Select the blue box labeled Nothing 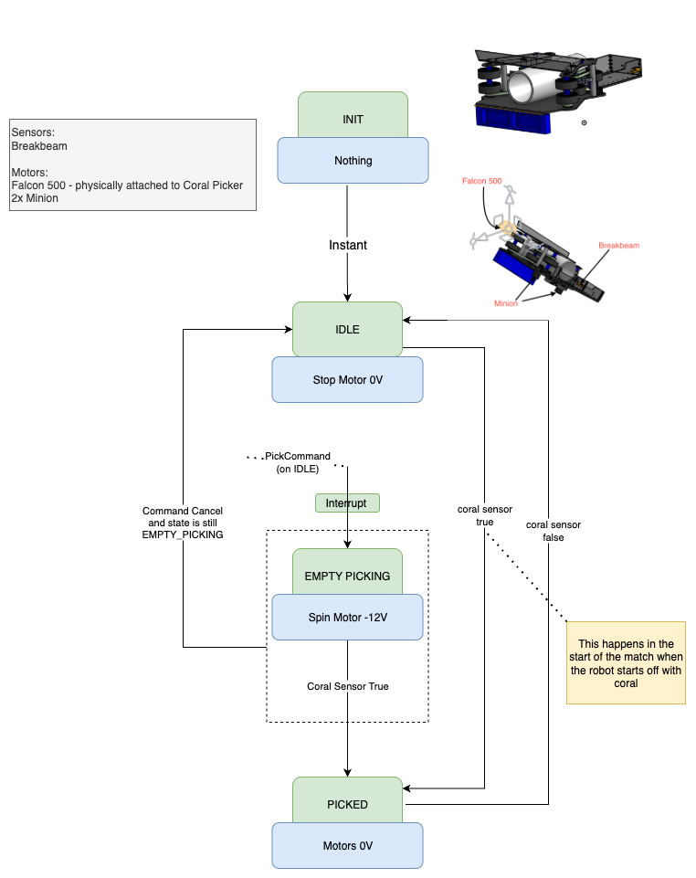[353, 161]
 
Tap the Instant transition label [348, 245]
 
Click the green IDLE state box [347, 329]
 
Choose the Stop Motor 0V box [347, 379]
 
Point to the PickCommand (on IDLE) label [297, 462]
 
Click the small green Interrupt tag [346, 502]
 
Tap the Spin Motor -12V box [347, 617]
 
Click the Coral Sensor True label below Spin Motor [347, 686]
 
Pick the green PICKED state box [347, 803]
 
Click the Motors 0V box [347, 845]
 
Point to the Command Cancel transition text [183, 523]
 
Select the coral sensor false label [554, 531]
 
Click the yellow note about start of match [626, 663]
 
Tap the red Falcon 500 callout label [481, 182]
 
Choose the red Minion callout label [506, 303]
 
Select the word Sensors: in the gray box [33, 132]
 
